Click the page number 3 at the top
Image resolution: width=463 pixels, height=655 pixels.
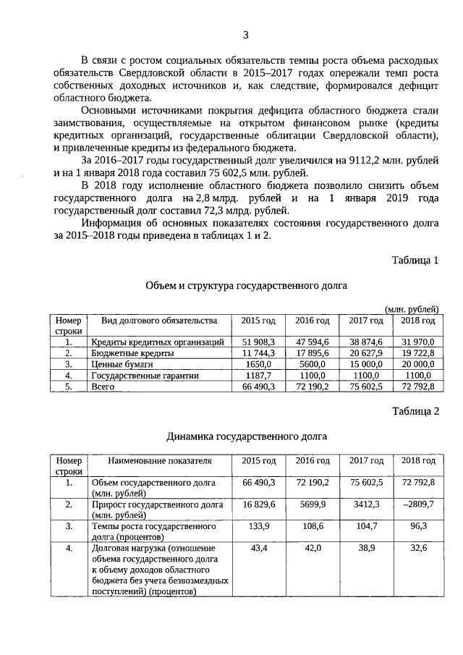tap(245, 35)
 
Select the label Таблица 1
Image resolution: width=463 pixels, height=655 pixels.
tap(415, 260)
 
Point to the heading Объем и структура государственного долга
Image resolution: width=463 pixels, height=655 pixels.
tap(246, 285)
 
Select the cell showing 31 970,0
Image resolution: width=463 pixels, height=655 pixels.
tap(418, 342)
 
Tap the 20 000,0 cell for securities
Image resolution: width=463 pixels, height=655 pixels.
tap(418, 365)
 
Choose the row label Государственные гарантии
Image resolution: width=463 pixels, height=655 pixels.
tap(136, 376)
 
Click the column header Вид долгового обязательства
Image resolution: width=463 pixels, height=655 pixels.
tap(158, 321)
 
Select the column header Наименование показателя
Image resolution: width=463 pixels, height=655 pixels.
tap(158, 460)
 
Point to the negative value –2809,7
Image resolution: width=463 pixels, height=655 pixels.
tap(418, 504)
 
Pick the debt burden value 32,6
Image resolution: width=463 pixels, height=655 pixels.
tap(418, 549)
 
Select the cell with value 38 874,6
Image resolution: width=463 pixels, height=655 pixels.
tap(365, 342)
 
